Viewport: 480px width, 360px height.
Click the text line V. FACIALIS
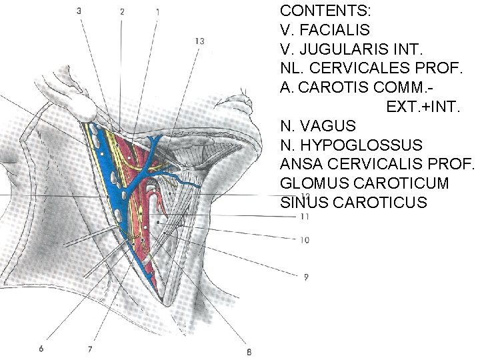click(325, 30)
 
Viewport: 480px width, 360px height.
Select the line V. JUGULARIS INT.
click(347, 49)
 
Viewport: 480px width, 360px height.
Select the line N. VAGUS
click(318, 125)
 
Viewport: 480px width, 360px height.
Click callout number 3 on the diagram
click(79, 11)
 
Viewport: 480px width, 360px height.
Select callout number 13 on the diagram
click(199, 41)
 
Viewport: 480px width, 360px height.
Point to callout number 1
click(157, 11)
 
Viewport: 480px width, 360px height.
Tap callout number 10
click(305, 239)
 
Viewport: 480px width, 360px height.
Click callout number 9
click(305, 276)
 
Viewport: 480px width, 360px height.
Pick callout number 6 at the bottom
click(41, 348)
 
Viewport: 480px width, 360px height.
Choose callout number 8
click(249, 352)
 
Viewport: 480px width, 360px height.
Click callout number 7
click(89, 348)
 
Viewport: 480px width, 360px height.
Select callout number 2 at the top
click(122, 11)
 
